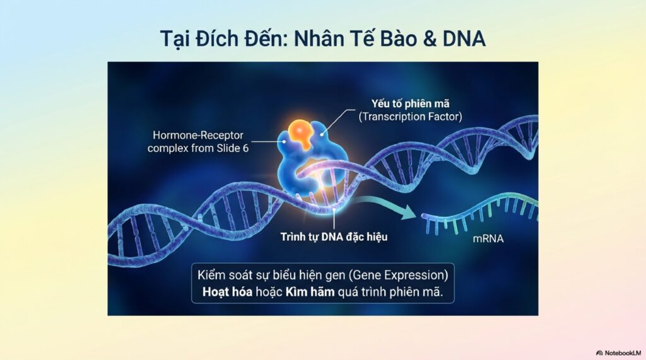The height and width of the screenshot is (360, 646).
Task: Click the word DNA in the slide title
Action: [464, 38]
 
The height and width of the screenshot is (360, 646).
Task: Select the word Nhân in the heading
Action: [319, 38]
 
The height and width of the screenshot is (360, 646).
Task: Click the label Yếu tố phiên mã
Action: [410, 104]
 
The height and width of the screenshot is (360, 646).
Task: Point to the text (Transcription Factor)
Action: [410, 117]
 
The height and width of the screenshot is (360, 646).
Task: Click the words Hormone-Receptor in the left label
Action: [198, 135]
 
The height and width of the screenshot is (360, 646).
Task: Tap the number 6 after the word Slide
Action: [245, 148]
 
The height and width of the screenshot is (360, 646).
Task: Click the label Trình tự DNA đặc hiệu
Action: [334, 237]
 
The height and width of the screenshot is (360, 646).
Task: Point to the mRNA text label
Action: [488, 238]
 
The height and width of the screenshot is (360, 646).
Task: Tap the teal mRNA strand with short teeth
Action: [480, 214]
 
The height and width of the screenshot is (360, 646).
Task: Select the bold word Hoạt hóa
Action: [227, 292]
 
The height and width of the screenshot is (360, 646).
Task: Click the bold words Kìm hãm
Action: [310, 292]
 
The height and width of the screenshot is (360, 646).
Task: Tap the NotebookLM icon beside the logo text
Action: [599, 353]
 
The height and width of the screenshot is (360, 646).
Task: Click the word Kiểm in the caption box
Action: [211, 275]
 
